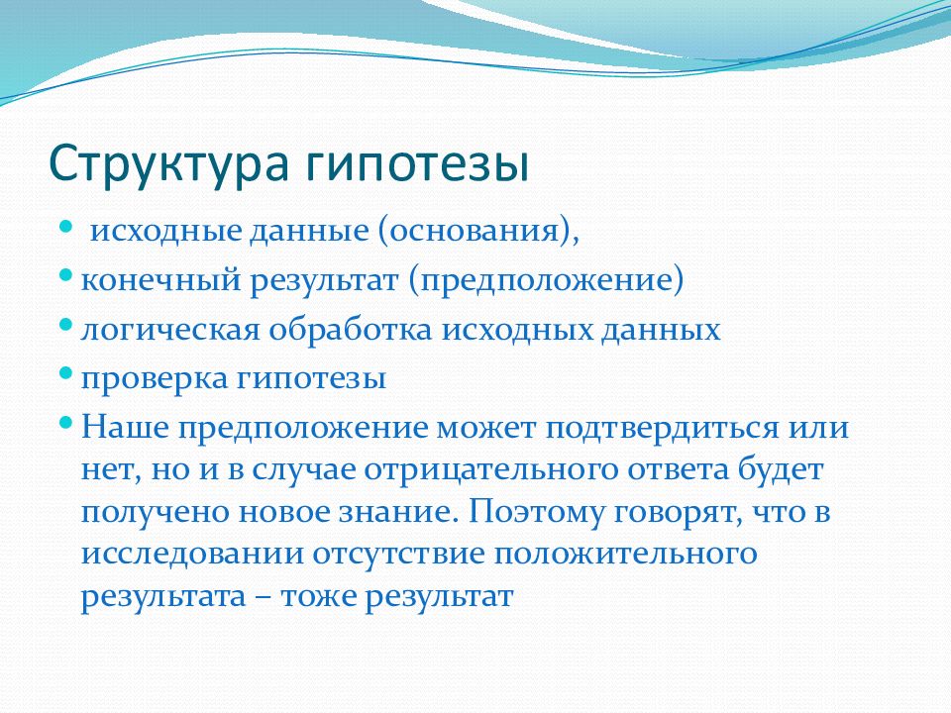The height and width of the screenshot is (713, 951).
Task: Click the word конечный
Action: pos(160,280)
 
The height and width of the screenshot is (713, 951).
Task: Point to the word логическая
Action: pos(170,330)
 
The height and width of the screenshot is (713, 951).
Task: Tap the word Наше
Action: pos(125,427)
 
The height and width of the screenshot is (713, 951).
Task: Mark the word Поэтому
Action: pos(536,512)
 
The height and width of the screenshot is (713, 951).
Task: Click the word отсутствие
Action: pos(399,555)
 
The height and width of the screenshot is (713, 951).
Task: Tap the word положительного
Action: pos(626,555)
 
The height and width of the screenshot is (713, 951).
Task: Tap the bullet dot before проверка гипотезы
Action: pos(66,373)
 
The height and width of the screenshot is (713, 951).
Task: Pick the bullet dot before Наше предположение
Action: pos(66,422)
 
